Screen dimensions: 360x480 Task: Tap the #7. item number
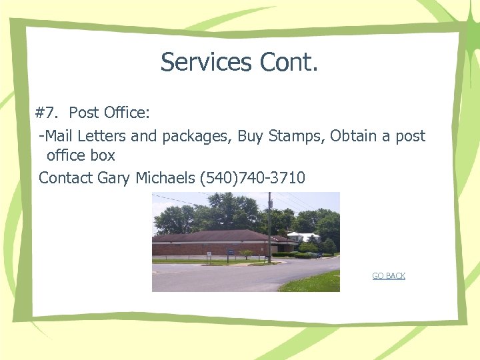tap(49, 113)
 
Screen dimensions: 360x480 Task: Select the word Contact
tap(66, 178)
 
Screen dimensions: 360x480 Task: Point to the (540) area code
tap(213, 178)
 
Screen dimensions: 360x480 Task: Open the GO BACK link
tap(389, 276)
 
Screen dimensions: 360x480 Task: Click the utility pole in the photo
tap(269, 227)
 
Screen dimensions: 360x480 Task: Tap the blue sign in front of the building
tap(230, 252)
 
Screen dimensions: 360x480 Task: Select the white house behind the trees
tap(304, 237)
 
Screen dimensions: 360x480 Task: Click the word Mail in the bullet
tap(59, 136)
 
